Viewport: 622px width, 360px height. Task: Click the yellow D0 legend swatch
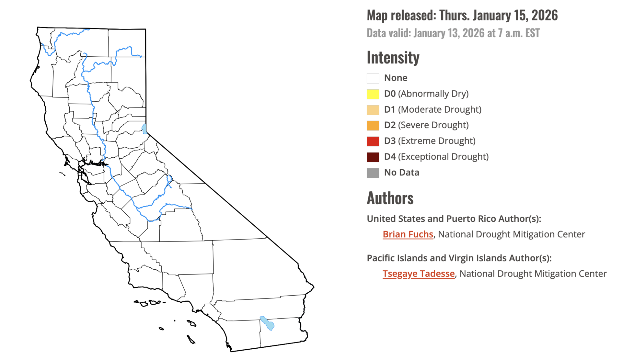pyautogui.click(x=373, y=94)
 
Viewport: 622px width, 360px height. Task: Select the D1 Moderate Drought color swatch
pyautogui.click(x=373, y=110)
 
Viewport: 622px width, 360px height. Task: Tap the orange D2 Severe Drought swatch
pyautogui.click(x=373, y=125)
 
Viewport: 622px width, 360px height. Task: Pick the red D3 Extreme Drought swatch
pyautogui.click(x=373, y=141)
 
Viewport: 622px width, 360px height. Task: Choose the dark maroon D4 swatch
pyautogui.click(x=373, y=157)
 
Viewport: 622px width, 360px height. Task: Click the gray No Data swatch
pyautogui.click(x=373, y=173)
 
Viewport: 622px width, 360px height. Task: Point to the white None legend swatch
pyautogui.click(x=373, y=78)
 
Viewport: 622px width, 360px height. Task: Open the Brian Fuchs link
pyautogui.click(x=408, y=234)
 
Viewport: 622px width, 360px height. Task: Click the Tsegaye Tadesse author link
pyautogui.click(x=419, y=274)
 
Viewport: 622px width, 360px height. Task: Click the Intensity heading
pyautogui.click(x=393, y=58)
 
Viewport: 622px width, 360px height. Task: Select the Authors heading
pyautogui.click(x=390, y=198)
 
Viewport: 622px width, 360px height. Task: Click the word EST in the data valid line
pyautogui.click(x=533, y=33)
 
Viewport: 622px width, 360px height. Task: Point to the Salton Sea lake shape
pyautogui.click(x=268, y=323)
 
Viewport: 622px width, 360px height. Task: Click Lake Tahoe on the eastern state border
pyautogui.click(x=144, y=129)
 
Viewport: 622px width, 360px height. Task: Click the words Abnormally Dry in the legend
pyautogui.click(x=433, y=94)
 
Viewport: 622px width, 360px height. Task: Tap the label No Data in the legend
pyautogui.click(x=401, y=173)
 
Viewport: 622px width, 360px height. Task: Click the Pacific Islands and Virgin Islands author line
pyautogui.click(x=459, y=258)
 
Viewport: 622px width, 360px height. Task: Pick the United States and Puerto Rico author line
pyautogui.click(x=454, y=219)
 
